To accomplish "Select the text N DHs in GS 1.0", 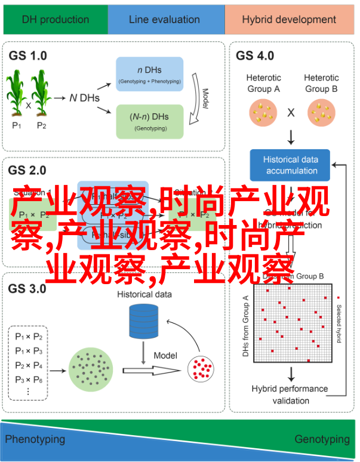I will coord(83,98).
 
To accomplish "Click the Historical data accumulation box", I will coord(291,165).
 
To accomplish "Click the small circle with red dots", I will coord(202,369).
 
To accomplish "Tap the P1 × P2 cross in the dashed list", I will coord(28,337).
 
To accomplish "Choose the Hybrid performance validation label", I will coord(290,393).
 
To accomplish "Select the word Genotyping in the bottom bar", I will coord(322,439).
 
